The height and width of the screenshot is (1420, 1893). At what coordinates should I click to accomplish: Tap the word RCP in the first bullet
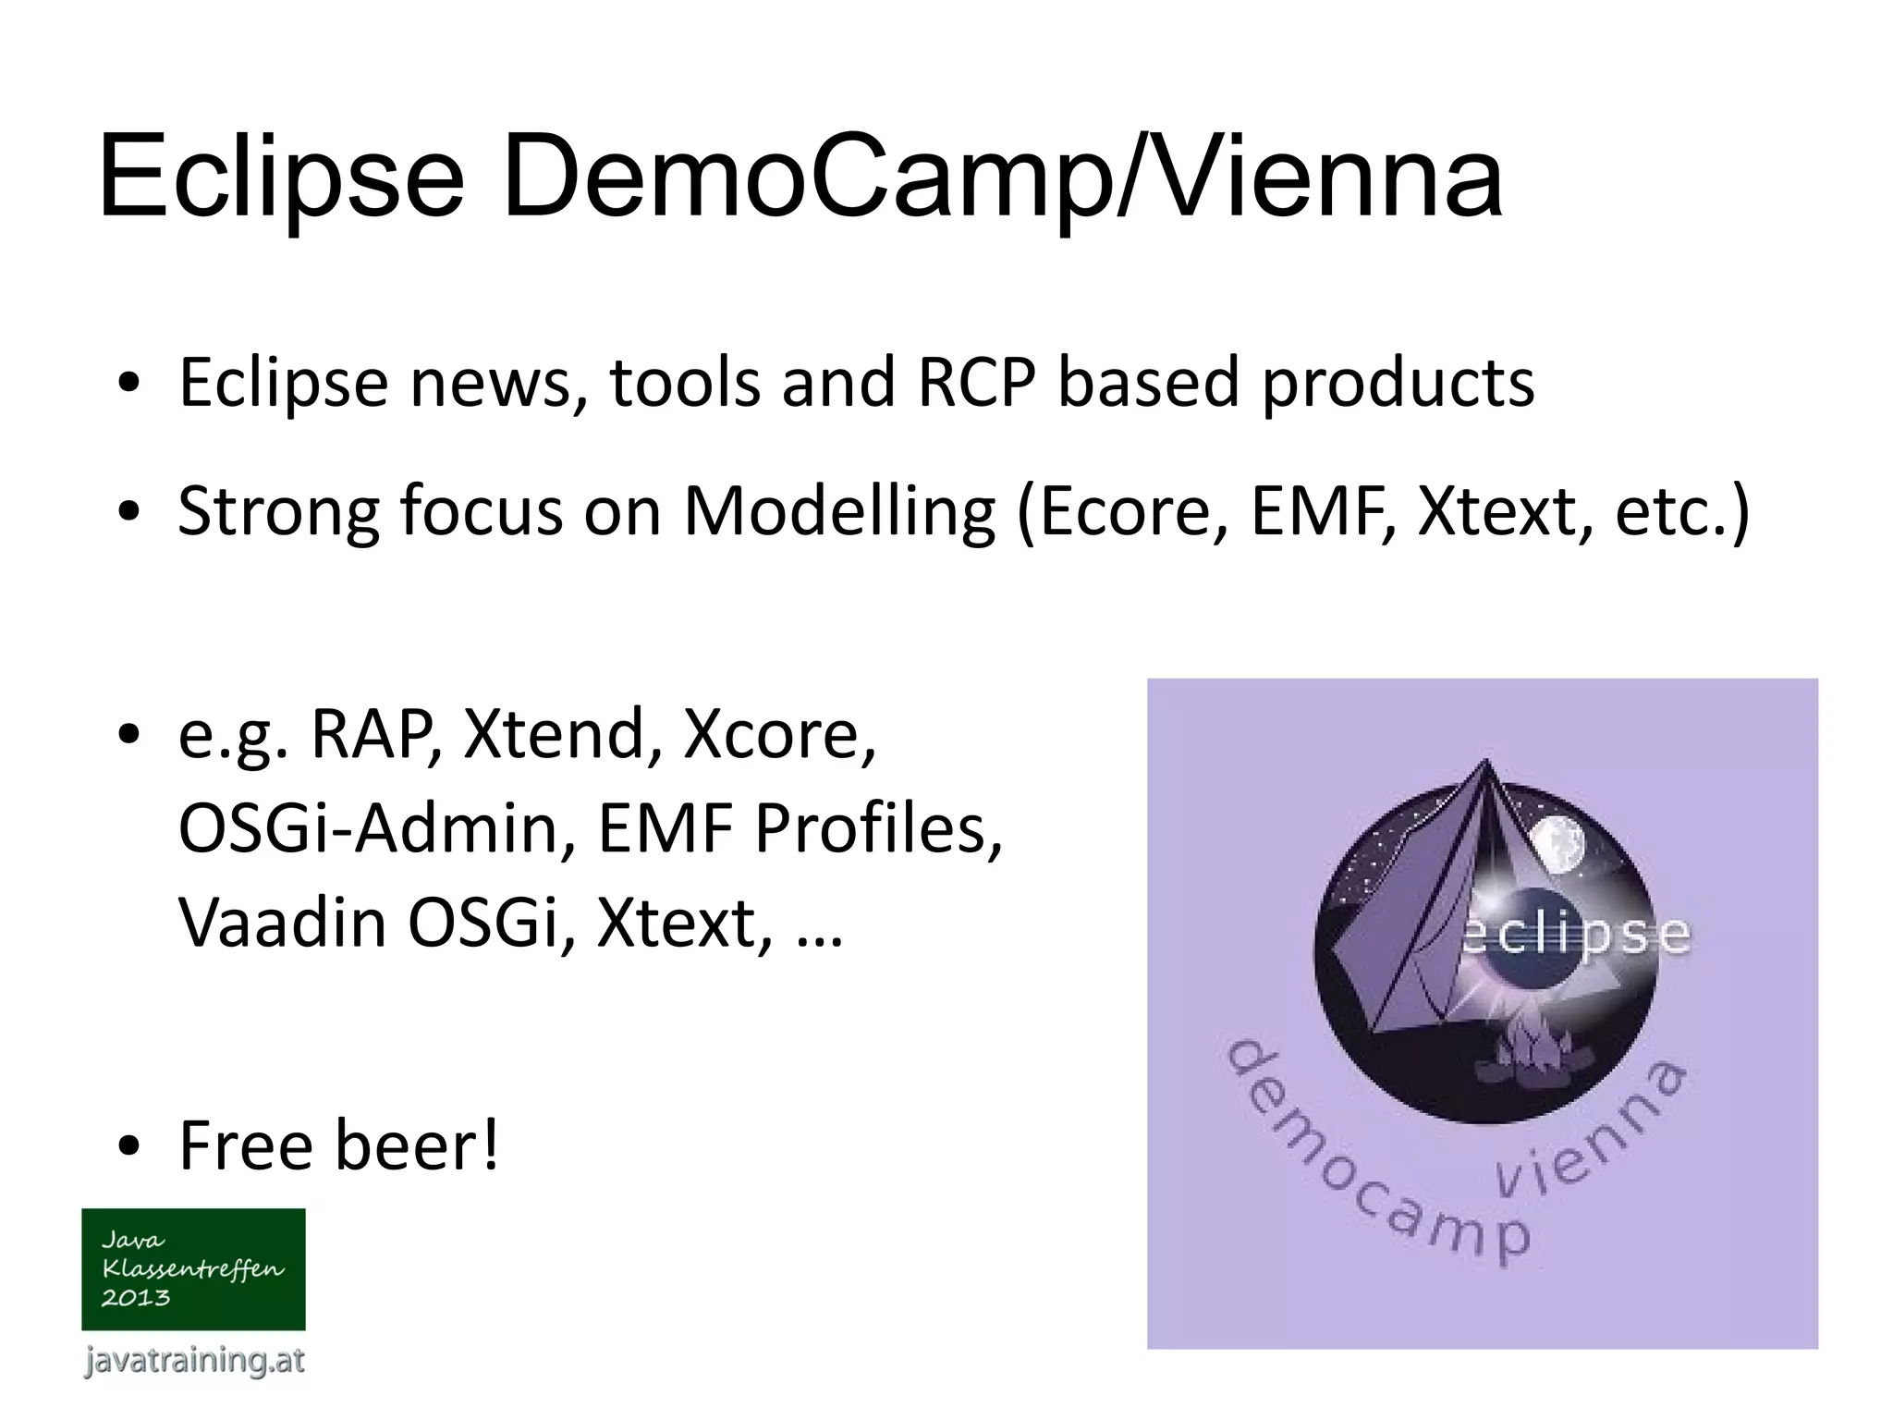tap(976, 383)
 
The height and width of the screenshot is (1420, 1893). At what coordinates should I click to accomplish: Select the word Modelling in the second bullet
tap(839, 511)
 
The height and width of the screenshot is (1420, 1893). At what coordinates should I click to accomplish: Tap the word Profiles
tap(878, 827)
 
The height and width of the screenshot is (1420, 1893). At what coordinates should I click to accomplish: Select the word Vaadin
tap(282, 923)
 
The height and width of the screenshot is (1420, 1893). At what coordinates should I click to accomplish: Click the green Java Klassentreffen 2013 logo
tap(193, 1268)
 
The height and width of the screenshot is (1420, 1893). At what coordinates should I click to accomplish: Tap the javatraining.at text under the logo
tap(193, 1360)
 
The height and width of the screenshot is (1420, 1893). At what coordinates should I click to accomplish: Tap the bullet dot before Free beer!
tap(128, 1147)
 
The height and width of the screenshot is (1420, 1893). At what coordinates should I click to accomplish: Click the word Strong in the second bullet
tap(276, 511)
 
